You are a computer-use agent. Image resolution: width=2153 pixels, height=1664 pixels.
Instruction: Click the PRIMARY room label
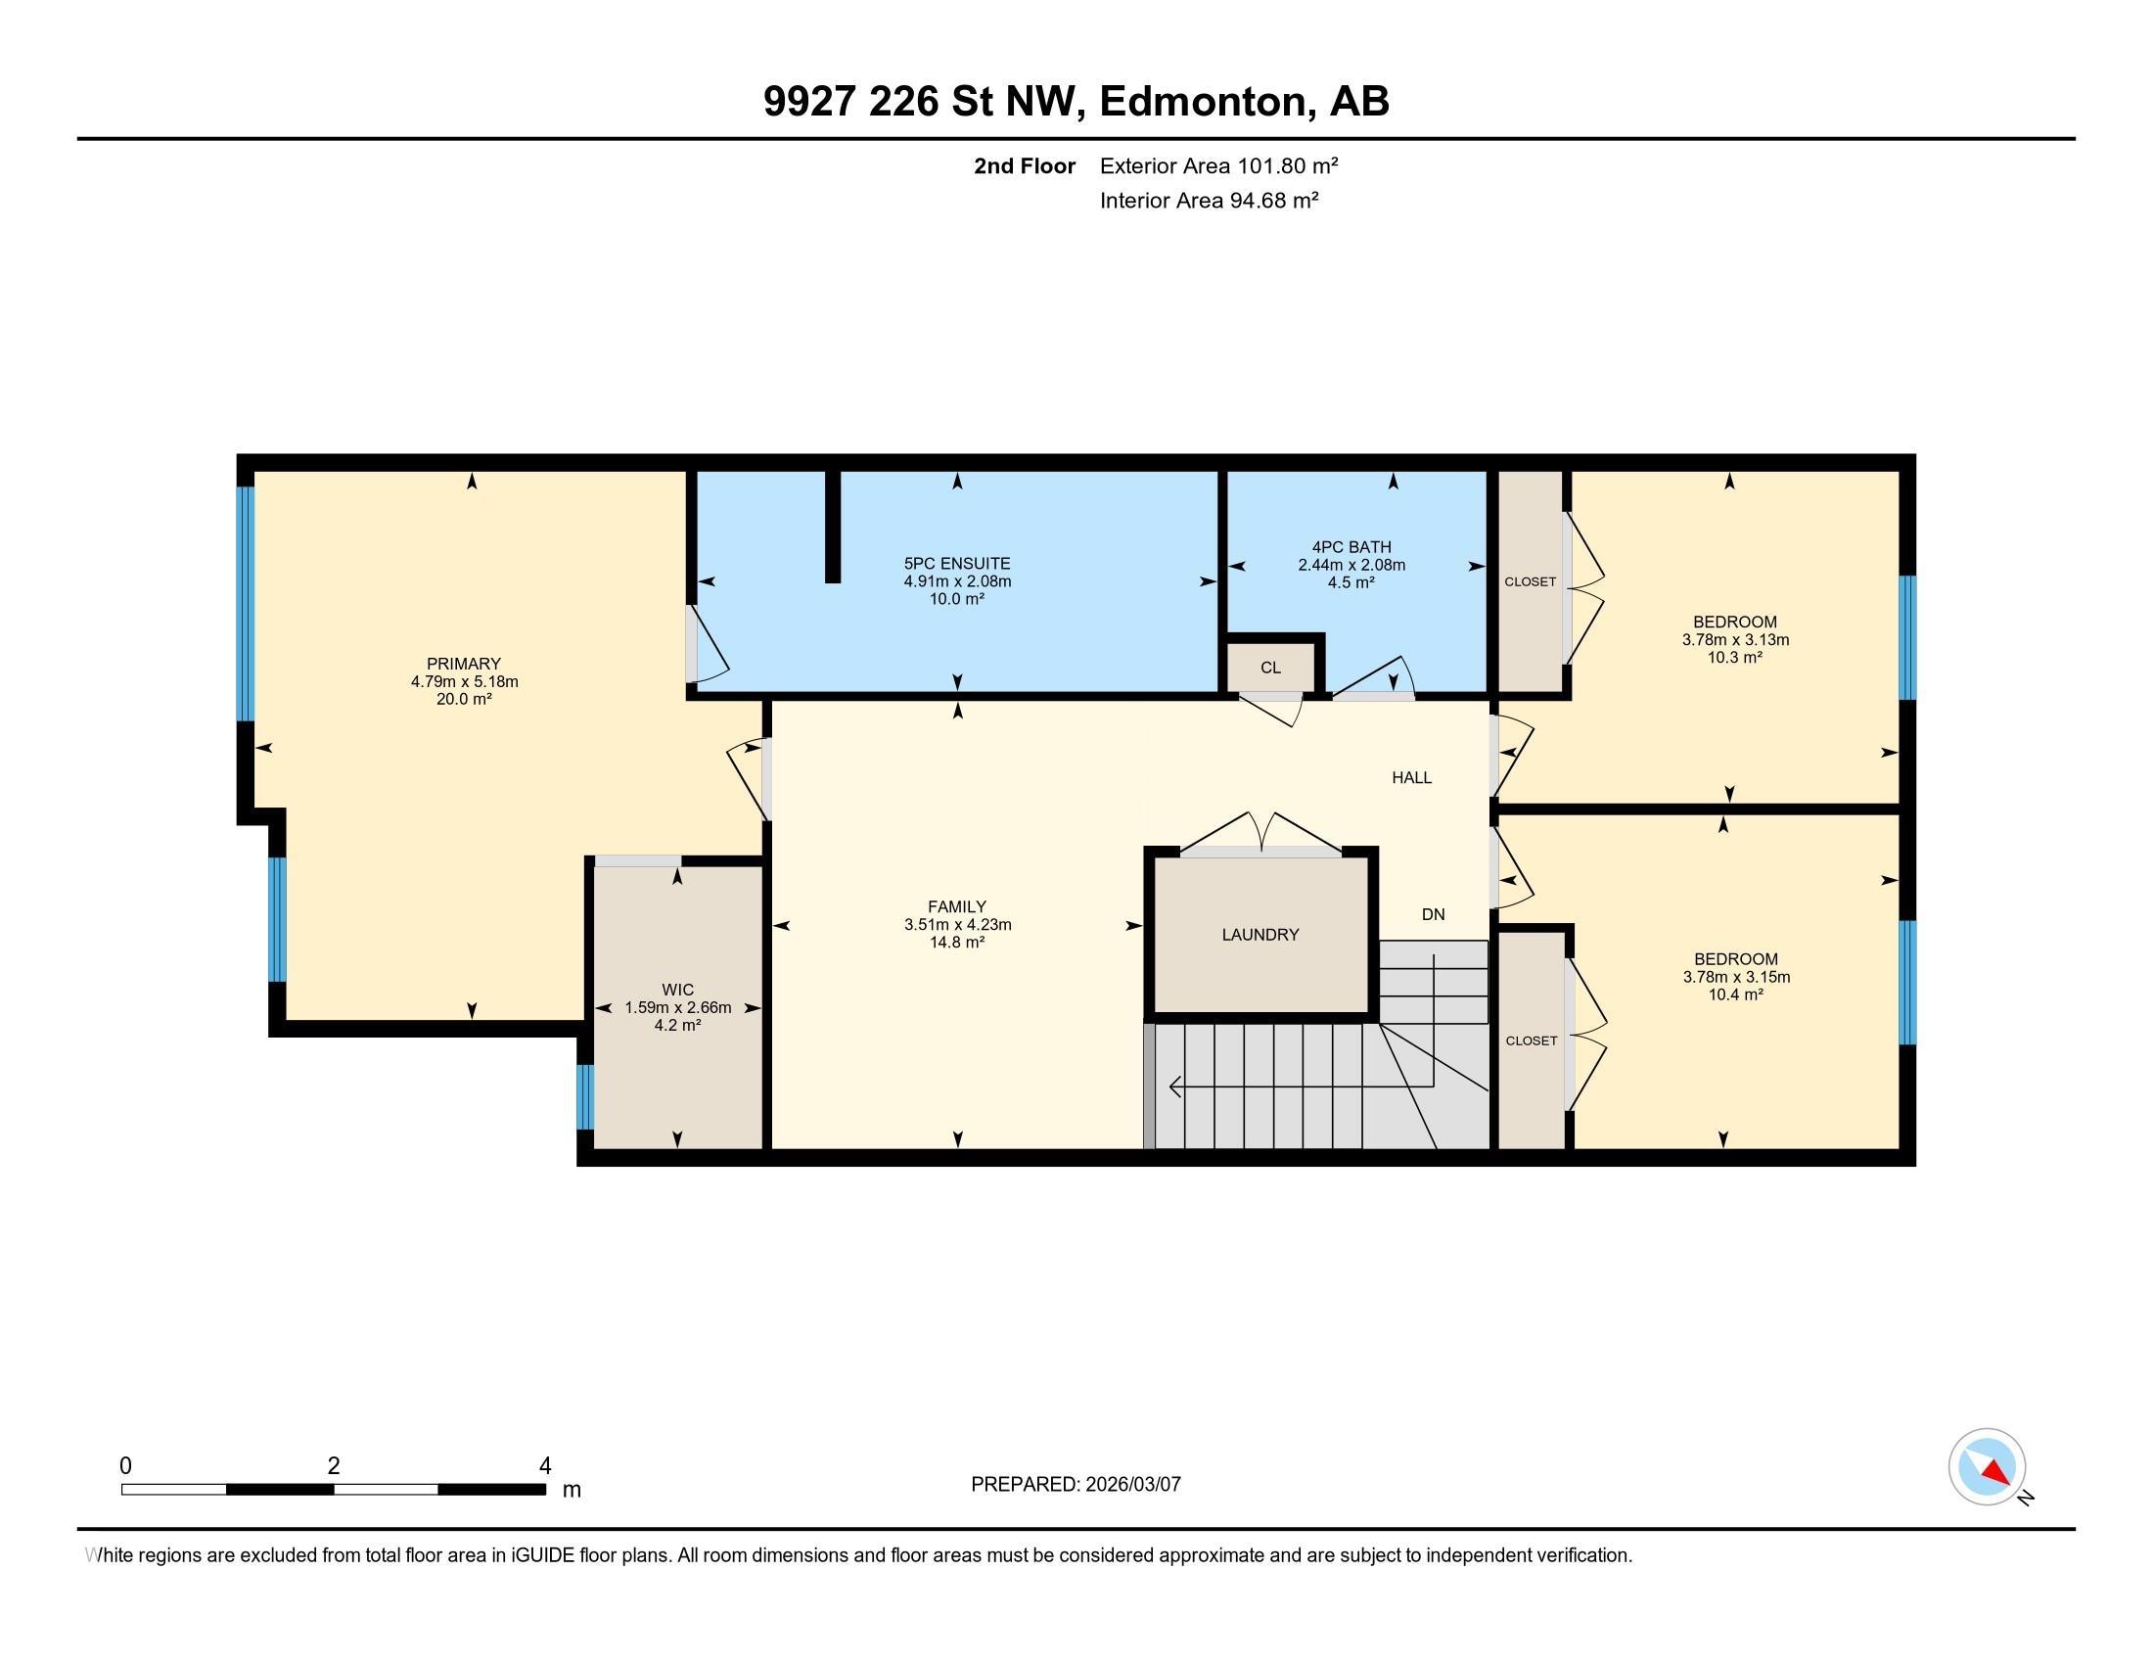463,664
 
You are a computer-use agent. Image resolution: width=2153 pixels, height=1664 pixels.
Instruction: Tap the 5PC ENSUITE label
957,564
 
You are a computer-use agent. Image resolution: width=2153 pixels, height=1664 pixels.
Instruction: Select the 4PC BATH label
1351,547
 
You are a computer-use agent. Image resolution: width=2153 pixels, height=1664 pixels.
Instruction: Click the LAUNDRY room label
1260,935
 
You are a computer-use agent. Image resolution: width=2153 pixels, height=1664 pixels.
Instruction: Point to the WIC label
677,990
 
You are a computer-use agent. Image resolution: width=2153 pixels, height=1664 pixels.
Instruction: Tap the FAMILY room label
957,907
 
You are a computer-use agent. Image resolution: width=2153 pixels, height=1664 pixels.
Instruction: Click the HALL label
1411,778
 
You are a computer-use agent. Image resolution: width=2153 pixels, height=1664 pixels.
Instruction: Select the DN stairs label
1434,915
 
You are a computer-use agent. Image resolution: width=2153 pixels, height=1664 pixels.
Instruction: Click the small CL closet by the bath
1270,668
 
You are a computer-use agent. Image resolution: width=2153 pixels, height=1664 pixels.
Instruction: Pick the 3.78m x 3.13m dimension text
1735,640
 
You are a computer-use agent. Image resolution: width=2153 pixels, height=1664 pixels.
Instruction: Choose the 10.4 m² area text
1736,994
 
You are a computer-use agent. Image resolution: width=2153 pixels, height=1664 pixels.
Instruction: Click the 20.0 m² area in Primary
463,699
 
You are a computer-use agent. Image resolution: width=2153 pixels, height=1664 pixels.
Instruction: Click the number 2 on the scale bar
334,1466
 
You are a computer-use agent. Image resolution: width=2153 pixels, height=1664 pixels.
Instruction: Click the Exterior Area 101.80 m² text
1218,165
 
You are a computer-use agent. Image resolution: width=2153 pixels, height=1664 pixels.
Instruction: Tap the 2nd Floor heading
1025,165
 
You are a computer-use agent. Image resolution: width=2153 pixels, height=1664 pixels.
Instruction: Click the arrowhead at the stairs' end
1175,1087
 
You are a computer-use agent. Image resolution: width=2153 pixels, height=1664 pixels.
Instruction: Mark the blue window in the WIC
584,1096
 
